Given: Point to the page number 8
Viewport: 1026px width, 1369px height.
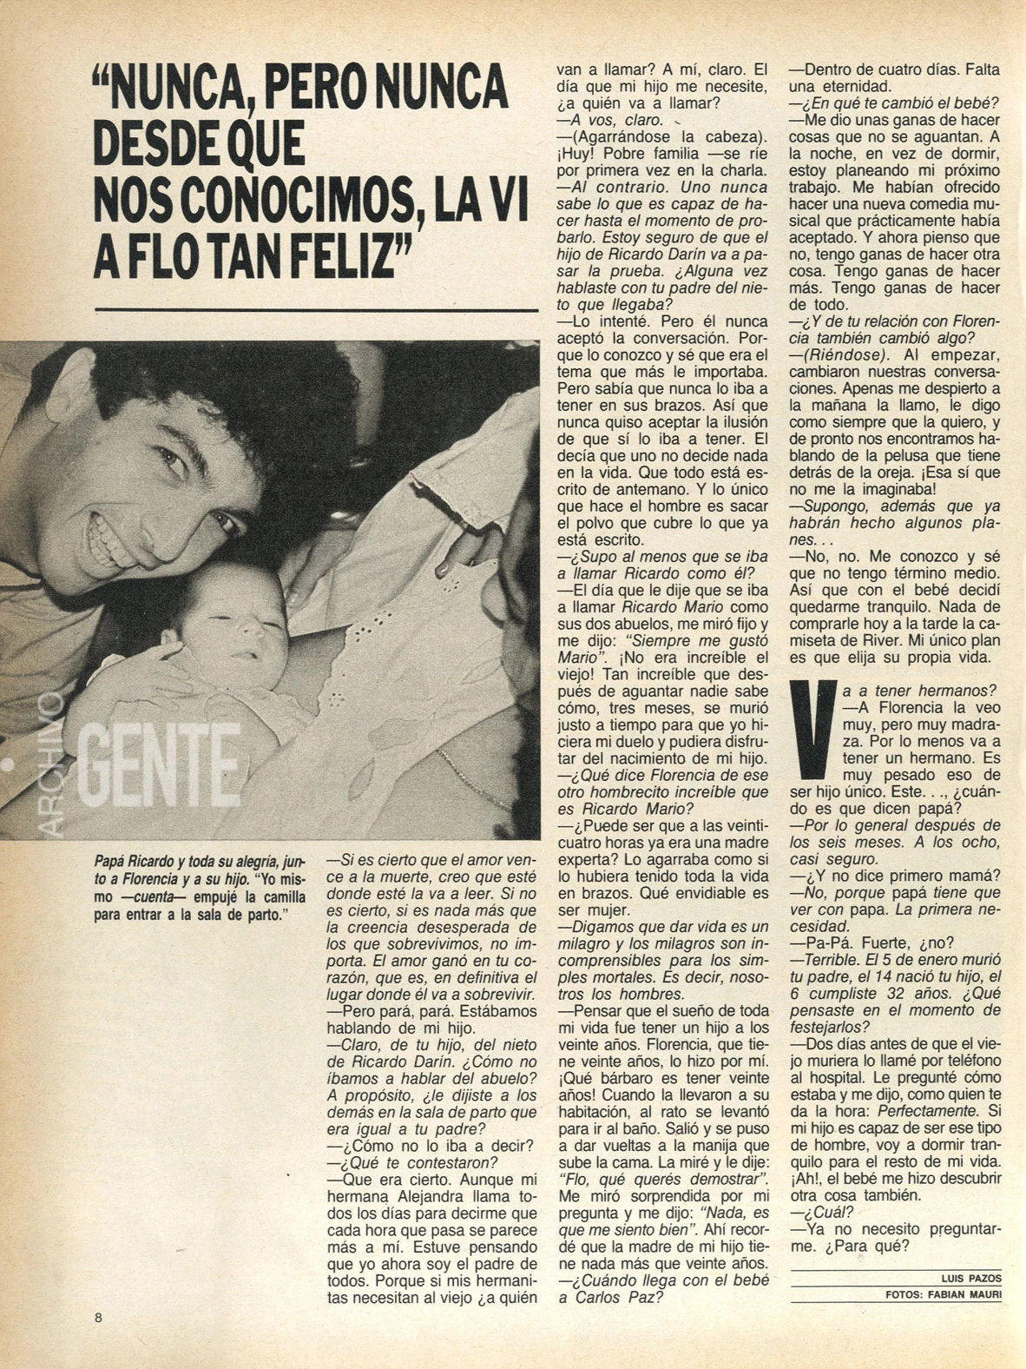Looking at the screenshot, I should tap(99, 1317).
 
